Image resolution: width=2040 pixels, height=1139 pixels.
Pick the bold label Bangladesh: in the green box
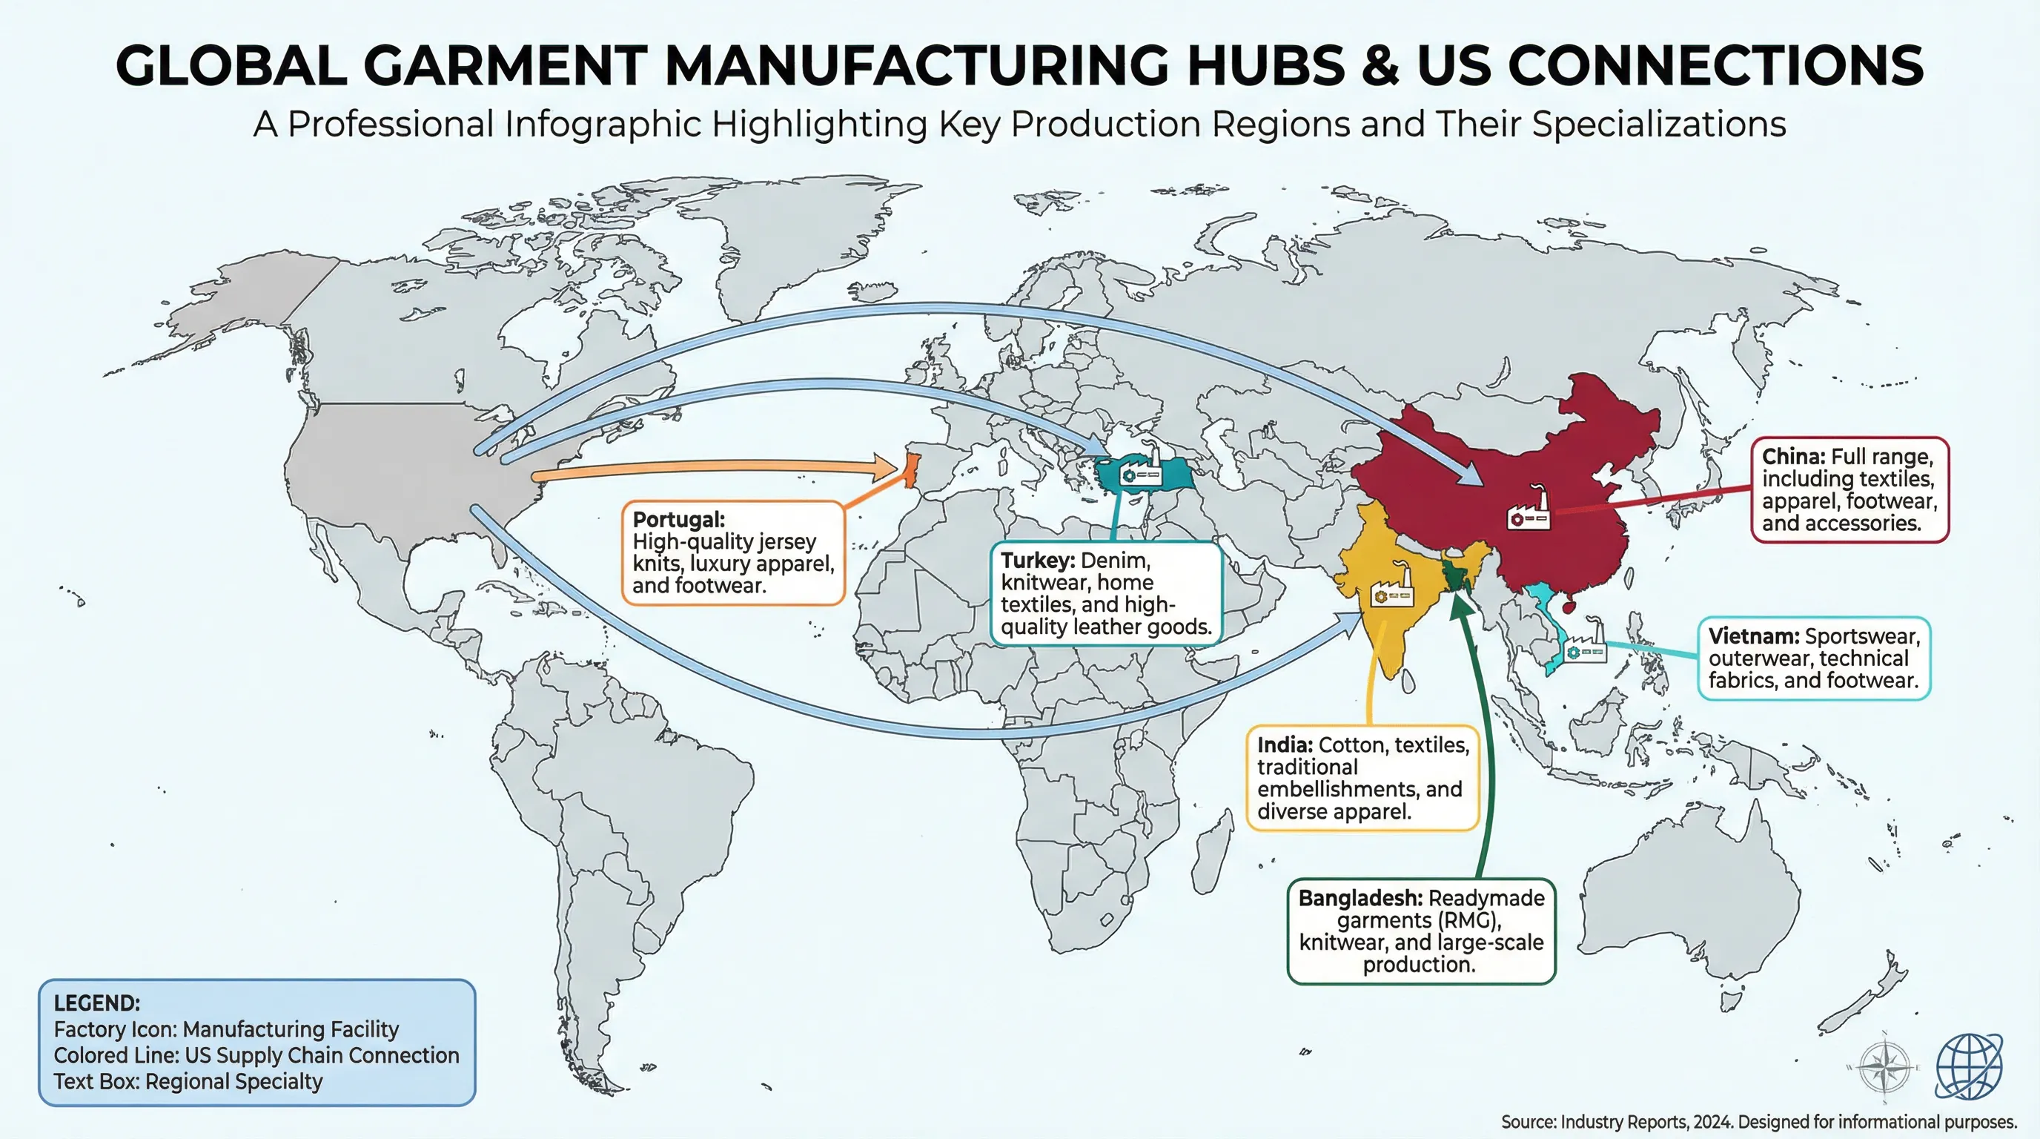pyautogui.click(x=1360, y=898)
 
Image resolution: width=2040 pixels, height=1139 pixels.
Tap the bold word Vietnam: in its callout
pyautogui.click(x=1753, y=636)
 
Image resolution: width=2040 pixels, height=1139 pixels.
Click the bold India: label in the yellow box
pyautogui.click(x=1285, y=745)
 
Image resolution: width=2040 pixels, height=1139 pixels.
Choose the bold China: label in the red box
pyautogui.click(x=1793, y=457)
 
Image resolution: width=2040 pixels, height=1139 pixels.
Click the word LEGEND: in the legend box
pyautogui.click(x=96, y=1003)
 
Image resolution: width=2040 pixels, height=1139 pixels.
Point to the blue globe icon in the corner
pyautogui.click(x=1969, y=1066)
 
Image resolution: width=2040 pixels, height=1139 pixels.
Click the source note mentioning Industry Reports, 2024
pyautogui.click(x=1758, y=1122)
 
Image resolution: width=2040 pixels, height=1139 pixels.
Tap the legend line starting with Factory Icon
pyautogui.click(x=225, y=1029)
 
